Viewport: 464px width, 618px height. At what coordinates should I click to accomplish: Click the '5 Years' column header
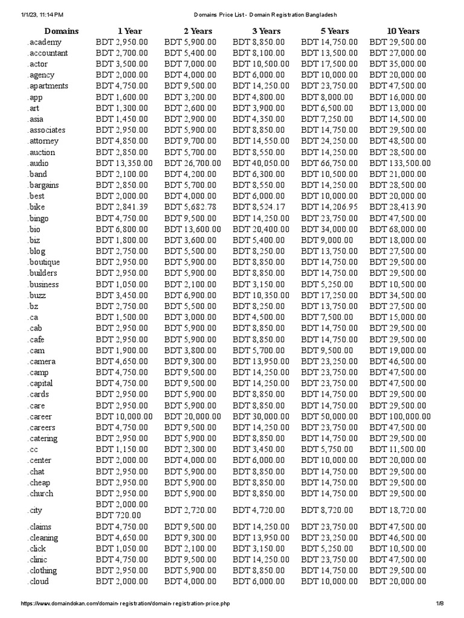point(335,31)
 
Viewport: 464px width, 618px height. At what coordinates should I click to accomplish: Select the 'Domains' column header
point(61,31)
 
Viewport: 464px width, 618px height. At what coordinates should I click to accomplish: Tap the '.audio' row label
point(38,163)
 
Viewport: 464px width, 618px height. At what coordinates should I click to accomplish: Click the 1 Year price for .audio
point(124,163)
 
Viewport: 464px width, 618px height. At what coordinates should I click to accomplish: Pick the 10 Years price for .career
point(400,416)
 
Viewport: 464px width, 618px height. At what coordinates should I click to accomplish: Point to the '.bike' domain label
point(36,207)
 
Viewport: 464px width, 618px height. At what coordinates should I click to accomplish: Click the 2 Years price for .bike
point(192,207)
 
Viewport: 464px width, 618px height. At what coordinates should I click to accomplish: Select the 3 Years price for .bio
point(261,229)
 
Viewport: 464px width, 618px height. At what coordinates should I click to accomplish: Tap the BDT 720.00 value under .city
point(118,515)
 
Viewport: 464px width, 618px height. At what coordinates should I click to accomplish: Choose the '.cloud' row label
point(38,581)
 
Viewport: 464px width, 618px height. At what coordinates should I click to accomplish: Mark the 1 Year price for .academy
point(121,42)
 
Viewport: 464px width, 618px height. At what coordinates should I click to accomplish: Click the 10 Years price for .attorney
point(398,141)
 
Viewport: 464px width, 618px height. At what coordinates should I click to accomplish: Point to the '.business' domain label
point(43,284)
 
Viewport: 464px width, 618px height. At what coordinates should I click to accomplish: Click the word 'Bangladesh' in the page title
point(318,14)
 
